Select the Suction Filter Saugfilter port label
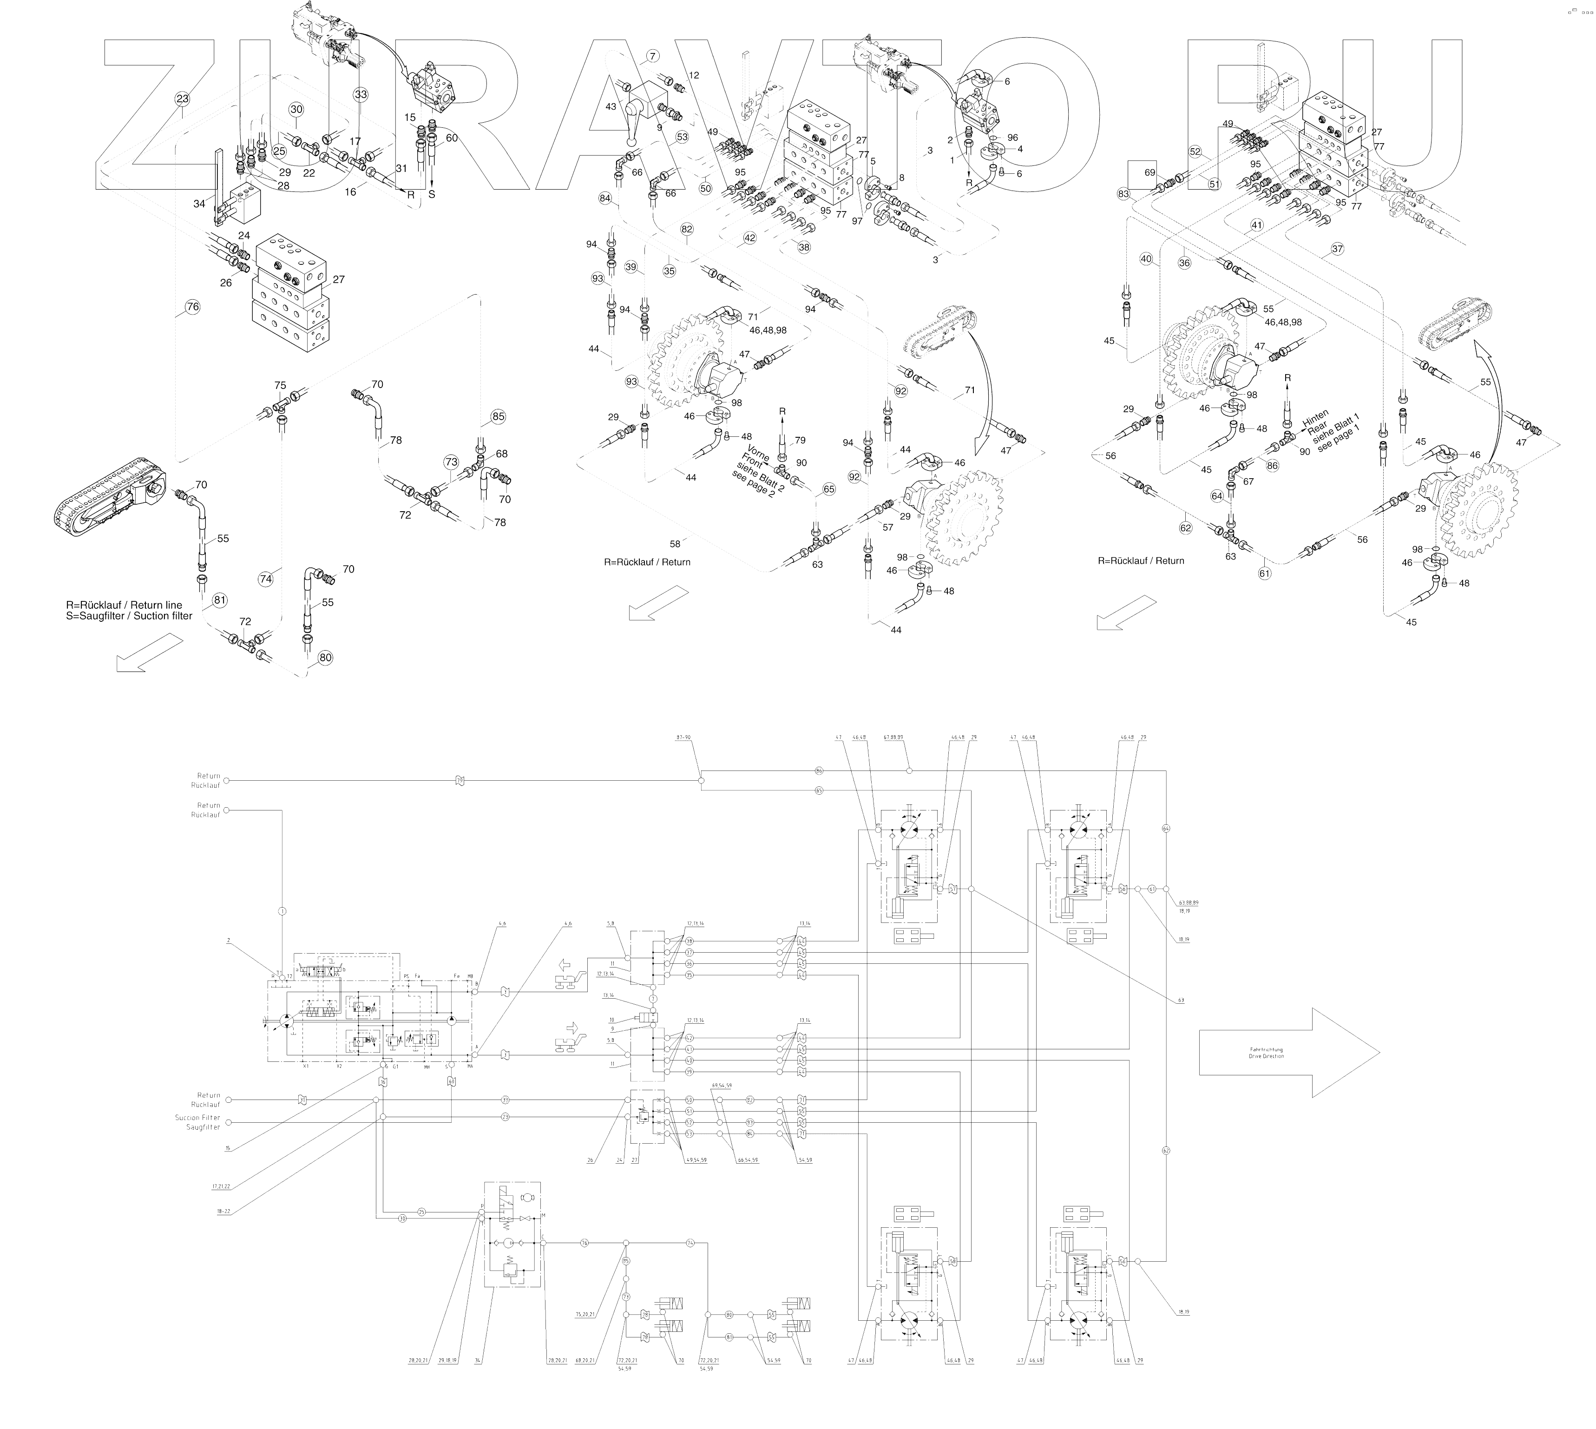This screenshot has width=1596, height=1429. (198, 1122)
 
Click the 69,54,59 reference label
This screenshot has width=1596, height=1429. (722, 1086)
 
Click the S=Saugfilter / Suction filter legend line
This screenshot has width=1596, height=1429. (129, 616)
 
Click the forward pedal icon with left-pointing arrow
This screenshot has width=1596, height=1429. (568, 974)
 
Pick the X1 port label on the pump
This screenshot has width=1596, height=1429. (305, 1066)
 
